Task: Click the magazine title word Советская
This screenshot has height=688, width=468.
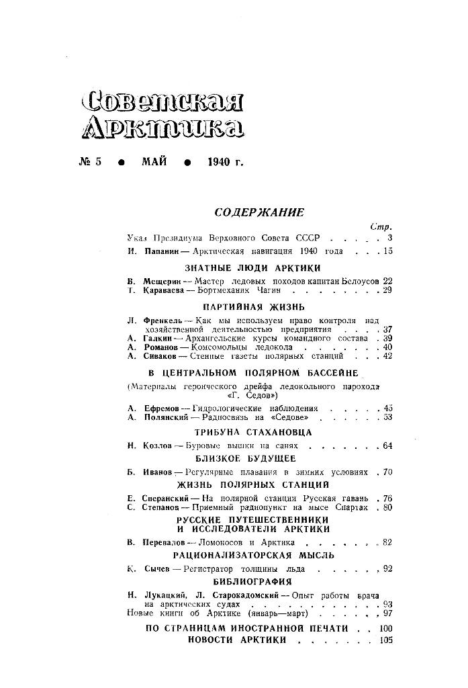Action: click(x=162, y=101)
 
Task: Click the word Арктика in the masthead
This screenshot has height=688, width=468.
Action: click(x=162, y=128)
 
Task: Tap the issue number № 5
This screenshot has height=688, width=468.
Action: click(x=89, y=163)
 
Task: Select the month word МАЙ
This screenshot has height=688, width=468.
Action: click(x=154, y=163)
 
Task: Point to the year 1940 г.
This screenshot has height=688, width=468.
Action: click(x=225, y=163)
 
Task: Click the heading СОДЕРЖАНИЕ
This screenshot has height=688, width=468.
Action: click(x=259, y=213)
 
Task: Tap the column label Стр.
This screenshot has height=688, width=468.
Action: click(x=381, y=226)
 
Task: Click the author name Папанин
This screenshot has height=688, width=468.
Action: click(x=162, y=251)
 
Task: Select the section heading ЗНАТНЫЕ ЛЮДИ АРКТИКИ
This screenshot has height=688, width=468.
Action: click(x=259, y=267)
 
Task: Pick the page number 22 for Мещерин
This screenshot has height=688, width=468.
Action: click(x=387, y=279)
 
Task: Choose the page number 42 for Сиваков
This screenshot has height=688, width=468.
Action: click(x=387, y=356)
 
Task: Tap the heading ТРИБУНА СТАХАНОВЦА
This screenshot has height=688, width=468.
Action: click(x=259, y=432)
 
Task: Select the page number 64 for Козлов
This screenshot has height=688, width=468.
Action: click(x=387, y=445)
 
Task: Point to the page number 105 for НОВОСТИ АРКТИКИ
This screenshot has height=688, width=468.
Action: click(x=385, y=640)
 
